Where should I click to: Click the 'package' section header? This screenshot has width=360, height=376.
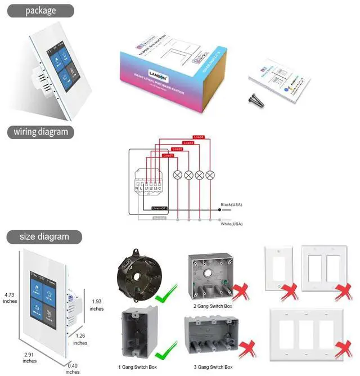tap(40, 11)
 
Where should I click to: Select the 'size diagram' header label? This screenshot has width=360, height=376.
tap(44, 236)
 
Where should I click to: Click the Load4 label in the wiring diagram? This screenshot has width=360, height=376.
tap(198, 137)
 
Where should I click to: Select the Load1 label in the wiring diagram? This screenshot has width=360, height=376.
tap(168, 155)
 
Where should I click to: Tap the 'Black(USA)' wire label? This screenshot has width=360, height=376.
tap(230, 204)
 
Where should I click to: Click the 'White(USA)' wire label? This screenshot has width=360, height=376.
tap(231, 223)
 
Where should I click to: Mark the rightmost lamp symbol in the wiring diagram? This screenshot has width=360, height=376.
tap(210, 174)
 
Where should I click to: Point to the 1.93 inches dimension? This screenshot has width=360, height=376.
tap(97, 305)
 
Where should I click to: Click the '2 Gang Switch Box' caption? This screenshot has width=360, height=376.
tap(214, 306)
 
